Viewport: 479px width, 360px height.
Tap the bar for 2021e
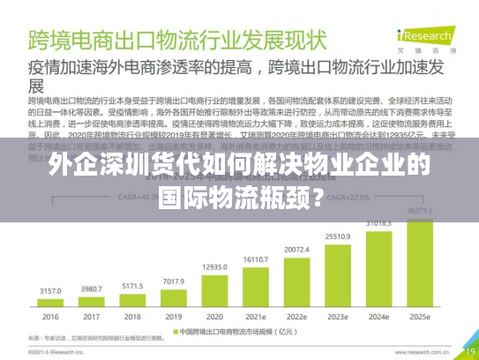[256, 282]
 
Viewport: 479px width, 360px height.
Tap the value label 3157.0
[51, 290]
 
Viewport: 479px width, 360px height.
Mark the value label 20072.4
[297, 250]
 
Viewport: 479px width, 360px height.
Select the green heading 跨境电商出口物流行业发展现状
[176, 40]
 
